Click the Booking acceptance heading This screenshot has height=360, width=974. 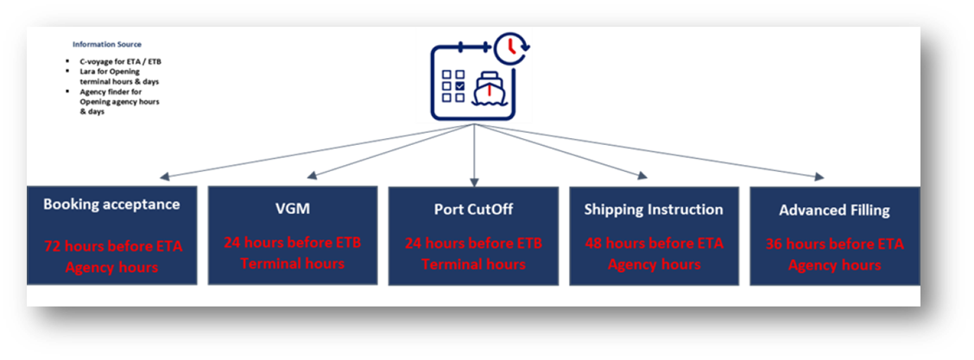[111, 205]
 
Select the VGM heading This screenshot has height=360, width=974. [292, 210]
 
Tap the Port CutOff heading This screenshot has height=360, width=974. [472, 210]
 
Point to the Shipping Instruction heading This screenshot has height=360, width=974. [653, 210]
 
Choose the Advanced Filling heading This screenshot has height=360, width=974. [834, 211]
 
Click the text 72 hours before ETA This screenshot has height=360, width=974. [112, 247]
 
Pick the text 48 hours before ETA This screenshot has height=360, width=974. [654, 243]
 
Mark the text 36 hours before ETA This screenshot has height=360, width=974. [834, 244]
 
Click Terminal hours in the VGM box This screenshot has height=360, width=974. [292, 263]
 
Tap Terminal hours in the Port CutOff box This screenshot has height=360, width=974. [473, 263]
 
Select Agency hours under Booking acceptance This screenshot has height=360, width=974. [112, 268]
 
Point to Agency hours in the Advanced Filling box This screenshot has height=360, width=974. [834, 265]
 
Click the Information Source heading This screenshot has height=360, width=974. [107, 44]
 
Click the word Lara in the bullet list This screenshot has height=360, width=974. [88, 72]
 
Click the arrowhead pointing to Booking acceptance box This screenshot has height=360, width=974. [163, 178]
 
